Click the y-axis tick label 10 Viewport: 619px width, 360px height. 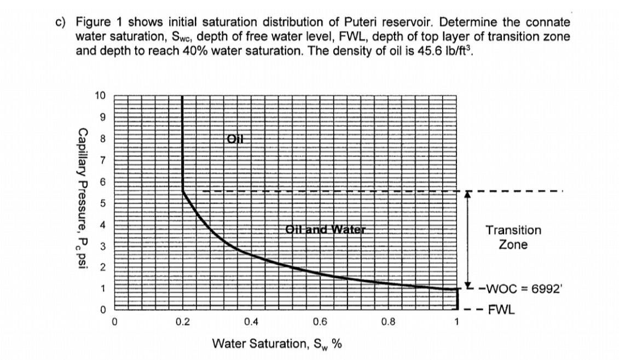pyautogui.click(x=100, y=96)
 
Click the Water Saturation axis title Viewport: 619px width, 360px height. pyautogui.click(x=276, y=344)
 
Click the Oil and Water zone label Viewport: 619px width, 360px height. pyautogui.click(x=325, y=229)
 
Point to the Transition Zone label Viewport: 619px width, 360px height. pyautogui.click(x=513, y=237)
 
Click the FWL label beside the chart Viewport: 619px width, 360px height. pyautogui.click(x=501, y=310)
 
